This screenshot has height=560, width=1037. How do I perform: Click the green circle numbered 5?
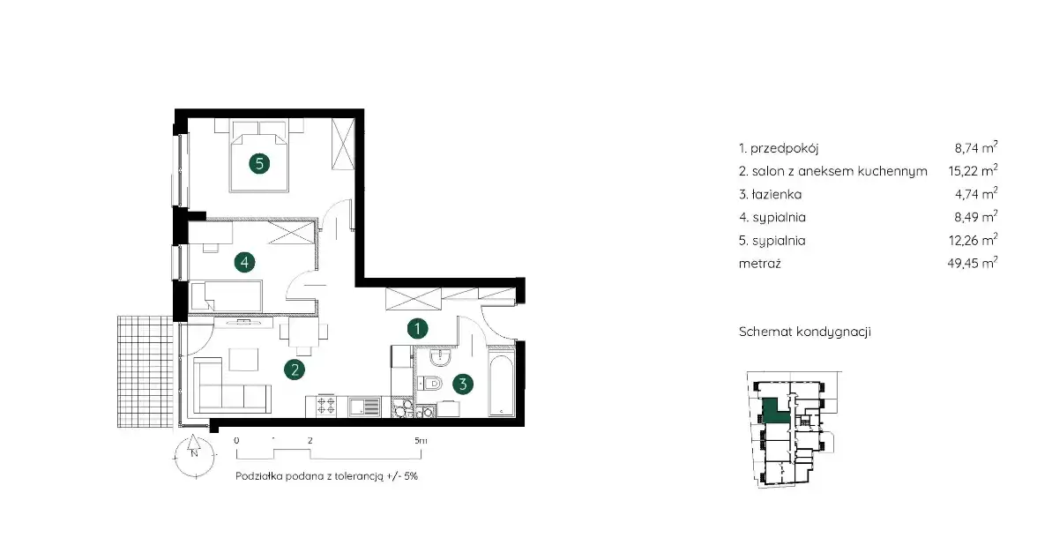point(259,163)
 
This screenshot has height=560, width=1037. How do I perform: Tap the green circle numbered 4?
point(245,263)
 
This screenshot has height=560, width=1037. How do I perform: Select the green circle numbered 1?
point(417,328)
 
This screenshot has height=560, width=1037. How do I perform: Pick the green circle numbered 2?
point(295,370)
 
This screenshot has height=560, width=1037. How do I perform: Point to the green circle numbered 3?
point(463,384)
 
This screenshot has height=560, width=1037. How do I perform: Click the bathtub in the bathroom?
point(501,385)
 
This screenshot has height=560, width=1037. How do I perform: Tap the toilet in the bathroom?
point(430,383)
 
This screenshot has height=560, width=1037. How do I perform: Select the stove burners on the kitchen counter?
point(325,406)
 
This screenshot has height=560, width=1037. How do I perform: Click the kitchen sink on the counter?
point(365,407)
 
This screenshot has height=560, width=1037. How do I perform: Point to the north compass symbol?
point(194,455)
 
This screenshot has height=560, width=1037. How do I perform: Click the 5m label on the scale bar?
point(421,440)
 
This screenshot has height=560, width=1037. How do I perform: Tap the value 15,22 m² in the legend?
point(973,170)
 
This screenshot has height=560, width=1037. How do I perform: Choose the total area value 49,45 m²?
point(972,263)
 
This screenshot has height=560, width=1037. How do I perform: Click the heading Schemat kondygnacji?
point(805,332)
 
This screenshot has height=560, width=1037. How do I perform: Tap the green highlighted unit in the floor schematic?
point(775,411)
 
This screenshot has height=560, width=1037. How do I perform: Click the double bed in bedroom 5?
point(259,156)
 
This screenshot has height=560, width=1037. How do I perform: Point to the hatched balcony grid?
point(145,371)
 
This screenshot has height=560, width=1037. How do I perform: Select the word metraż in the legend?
point(760,263)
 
